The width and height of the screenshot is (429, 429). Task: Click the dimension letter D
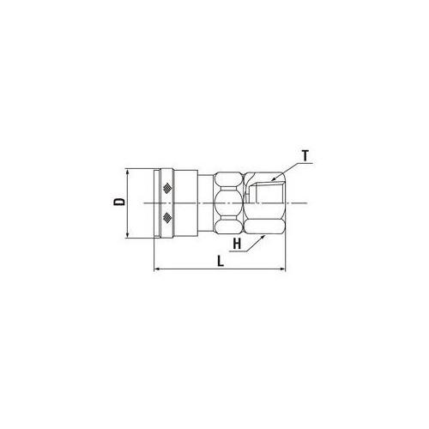point(119,202)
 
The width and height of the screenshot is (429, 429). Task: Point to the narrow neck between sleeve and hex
point(206,203)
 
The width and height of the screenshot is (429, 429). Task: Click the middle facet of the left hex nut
point(229,203)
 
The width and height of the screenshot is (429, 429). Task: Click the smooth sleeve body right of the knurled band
point(184,203)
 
